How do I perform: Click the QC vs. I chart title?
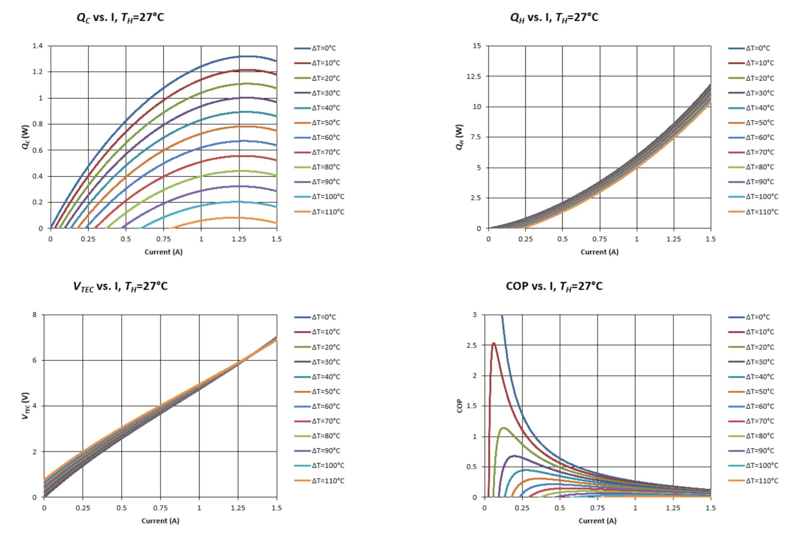(120, 17)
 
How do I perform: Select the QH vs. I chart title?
(554, 17)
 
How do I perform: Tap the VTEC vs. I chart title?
(120, 287)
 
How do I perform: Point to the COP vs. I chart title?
(554, 287)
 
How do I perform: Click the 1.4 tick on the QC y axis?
(37, 46)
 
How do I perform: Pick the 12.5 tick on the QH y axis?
(474, 76)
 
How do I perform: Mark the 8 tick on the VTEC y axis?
(34, 315)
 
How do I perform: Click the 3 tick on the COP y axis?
(474, 315)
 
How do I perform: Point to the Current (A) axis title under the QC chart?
(163, 252)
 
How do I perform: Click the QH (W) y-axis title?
(460, 137)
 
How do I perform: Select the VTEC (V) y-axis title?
(25, 406)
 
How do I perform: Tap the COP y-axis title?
(460, 406)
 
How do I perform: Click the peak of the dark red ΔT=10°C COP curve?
(494, 343)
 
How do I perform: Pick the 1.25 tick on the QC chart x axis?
(239, 239)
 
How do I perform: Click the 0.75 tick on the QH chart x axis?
(599, 239)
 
